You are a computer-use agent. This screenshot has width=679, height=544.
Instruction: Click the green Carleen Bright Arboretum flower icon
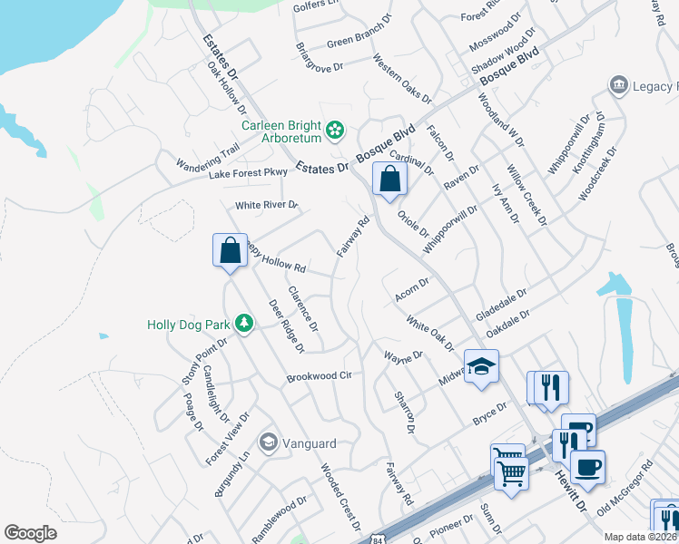[x=336, y=131]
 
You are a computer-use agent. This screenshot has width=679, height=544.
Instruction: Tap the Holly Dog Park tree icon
[x=244, y=323]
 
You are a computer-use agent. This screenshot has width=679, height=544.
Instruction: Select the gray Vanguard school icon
[x=269, y=442]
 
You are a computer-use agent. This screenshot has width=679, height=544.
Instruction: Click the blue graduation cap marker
[x=481, y=367]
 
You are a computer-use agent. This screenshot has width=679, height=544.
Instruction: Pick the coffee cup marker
[x=587, y=467]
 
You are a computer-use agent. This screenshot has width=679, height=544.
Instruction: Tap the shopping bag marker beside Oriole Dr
[x=389, y=179]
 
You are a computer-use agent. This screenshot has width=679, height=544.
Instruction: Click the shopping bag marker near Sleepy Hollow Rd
[x=230, y=249]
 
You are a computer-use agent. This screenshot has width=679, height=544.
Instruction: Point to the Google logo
[x=31, y=532]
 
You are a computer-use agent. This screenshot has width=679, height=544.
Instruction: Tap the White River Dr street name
[x=266, y=205]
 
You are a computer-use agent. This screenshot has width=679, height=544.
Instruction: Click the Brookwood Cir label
[x=319, y=376]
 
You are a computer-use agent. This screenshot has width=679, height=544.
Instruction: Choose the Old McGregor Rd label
[x=625, y=490]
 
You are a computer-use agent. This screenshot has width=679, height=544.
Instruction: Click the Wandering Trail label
[x=210, y=155]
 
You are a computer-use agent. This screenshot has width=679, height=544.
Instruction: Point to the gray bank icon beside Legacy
[x=620, y=85]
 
